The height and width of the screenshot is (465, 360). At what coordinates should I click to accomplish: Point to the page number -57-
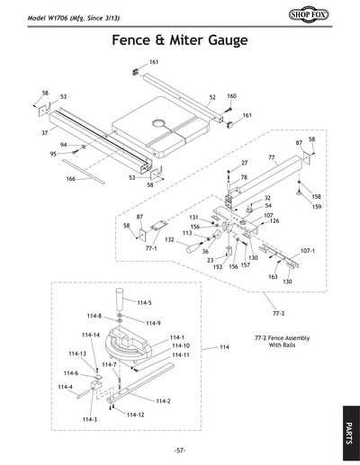pos(180,450)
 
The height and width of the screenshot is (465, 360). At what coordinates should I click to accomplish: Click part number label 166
pos(70,179)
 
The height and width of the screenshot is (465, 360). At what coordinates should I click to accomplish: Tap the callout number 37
pos(44,132)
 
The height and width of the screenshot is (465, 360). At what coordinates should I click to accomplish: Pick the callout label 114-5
pos(144,303)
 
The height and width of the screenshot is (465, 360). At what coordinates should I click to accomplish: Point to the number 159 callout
pos(316,208)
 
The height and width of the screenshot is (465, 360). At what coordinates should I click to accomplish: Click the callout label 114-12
pos(135,415)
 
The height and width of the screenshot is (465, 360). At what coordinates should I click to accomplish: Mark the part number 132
pos(169,241)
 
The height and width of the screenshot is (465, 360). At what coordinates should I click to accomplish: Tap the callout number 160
pos(231,96)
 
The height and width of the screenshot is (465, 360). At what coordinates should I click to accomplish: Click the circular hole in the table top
pos(161,119)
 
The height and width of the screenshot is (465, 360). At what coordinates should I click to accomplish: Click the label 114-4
pos(65,387)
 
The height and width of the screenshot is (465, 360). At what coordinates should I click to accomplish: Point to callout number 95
pos(53,154)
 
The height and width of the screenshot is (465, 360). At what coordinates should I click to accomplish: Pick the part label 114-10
pos(181,345)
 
